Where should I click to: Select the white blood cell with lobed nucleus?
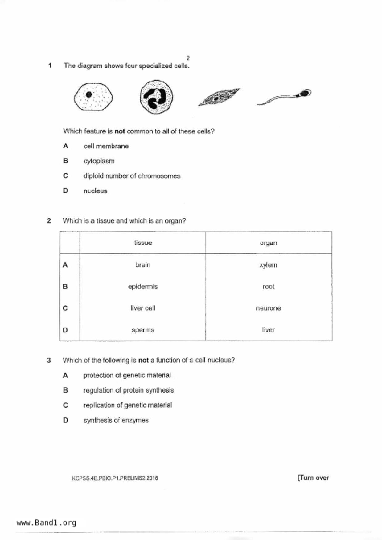click(x=156, y=97)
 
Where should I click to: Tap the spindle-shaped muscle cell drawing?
click(x=219, y=97)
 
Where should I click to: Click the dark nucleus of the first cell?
click(x=89, y=95)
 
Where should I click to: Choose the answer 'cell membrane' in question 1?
click(x=106, y=146)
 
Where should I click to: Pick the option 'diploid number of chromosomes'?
click(x=132, y=176)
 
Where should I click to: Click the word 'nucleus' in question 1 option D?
click(x=95, y=191)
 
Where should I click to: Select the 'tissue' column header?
click(x=143, y=243)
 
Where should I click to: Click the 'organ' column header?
click(x=268, y=243)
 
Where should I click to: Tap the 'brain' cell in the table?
click(x=143, y=265)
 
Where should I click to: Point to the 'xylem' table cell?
click(x=268, y=265)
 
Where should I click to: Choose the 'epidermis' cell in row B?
click(x=143, y=287)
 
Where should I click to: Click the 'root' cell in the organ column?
click(x=268, y=287)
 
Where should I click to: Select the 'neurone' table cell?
click(x=268, y=308)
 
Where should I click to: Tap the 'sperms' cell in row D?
click(x=143, y=330)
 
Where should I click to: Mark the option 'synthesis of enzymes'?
click(x=116, y=420)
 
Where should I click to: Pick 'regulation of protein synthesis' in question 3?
click(x=129, y=390)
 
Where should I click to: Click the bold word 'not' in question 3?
click(x=143, y=360)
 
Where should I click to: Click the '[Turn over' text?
click(x=313, y=478)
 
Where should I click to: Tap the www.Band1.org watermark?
click(x=46, y=523)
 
